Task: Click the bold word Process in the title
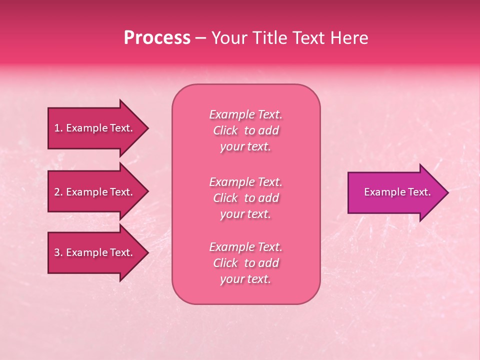[x=157, y=38]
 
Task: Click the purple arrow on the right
[x=395, y=192]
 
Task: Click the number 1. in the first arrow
[x=58, y=128]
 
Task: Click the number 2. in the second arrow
[x=58, y=192]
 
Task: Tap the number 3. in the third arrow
[x=58, y=252]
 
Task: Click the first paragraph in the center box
[x=245, y=130]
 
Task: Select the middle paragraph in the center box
[x=245, y=198]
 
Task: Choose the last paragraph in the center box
[x=245, y=263]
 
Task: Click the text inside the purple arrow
[x=397, y=192]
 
